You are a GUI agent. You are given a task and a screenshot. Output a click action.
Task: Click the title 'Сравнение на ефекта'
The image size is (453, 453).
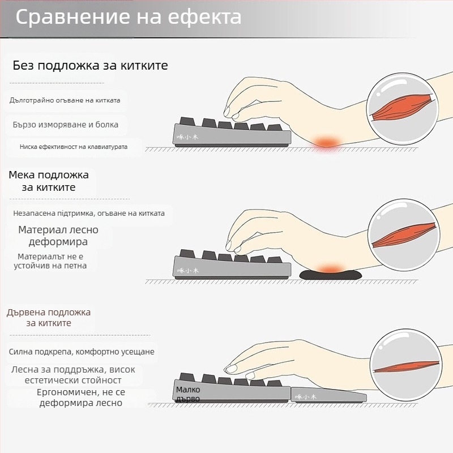point(129,17)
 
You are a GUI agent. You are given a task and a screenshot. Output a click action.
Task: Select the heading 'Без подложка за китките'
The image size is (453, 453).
point(90,66)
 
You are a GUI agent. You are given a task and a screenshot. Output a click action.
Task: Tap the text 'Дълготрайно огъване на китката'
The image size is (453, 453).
point(65,100)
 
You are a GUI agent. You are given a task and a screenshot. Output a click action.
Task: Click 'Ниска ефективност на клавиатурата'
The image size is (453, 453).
point(74,147)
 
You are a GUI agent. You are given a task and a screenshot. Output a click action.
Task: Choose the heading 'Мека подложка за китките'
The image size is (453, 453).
point(49,181)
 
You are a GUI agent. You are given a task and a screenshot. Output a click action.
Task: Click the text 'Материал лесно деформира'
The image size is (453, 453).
point(58,236)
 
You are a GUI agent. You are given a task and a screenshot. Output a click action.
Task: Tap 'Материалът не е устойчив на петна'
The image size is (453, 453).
point(52,261)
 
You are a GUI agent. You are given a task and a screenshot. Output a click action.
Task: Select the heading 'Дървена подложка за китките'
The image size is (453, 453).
point(49,318)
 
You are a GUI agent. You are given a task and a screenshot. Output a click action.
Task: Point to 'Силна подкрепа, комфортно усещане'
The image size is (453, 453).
point(82,352)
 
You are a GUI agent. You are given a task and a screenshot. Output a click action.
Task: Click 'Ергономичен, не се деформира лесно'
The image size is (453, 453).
point(81,398)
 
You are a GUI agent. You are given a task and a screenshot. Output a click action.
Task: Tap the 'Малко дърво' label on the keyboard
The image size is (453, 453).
point(188,394)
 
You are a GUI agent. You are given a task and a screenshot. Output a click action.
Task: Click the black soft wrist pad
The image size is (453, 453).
point(329,275)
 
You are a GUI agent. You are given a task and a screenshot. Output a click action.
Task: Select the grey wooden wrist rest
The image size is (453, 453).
point(328,395)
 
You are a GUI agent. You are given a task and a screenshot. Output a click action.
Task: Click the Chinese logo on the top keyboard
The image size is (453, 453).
point(189,136)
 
